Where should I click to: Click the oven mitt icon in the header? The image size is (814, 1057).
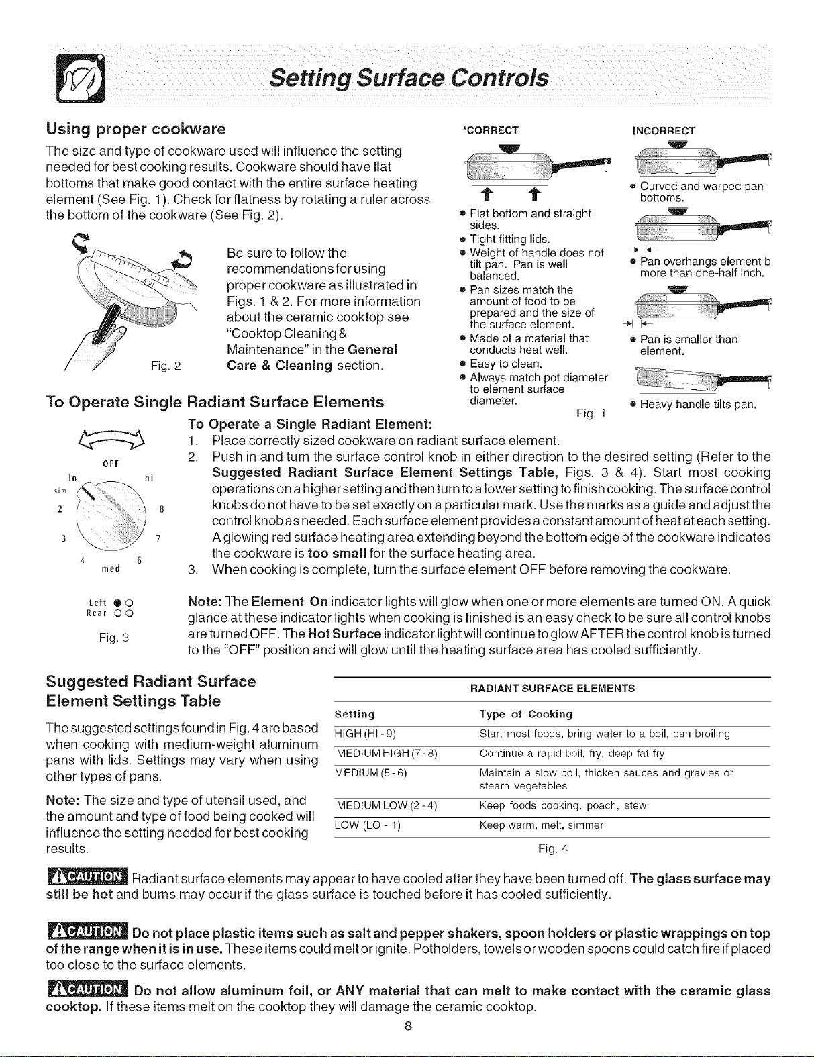coord(81,78)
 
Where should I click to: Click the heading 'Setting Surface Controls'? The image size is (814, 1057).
coord(409,79)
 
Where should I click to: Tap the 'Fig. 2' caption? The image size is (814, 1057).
coord(166,366)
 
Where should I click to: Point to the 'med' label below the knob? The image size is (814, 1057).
coord(111,568)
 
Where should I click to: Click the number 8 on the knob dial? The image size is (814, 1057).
coord(162,510)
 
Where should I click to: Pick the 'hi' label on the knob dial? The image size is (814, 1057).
coord(149,478)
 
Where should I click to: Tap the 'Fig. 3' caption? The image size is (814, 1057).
coord(114,637)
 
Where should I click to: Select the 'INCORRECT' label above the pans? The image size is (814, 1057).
coord(664,131)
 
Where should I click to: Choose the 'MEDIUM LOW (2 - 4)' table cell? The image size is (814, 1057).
coord(387,805)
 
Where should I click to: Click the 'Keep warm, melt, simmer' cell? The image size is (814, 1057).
coord(541,825)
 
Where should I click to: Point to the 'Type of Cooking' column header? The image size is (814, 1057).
coord(525,714)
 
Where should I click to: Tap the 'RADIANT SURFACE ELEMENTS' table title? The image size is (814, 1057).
coord(552,689)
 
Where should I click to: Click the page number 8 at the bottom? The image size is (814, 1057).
coord(408,1026)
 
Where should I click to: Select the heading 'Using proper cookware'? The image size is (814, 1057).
coord(136,130)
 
